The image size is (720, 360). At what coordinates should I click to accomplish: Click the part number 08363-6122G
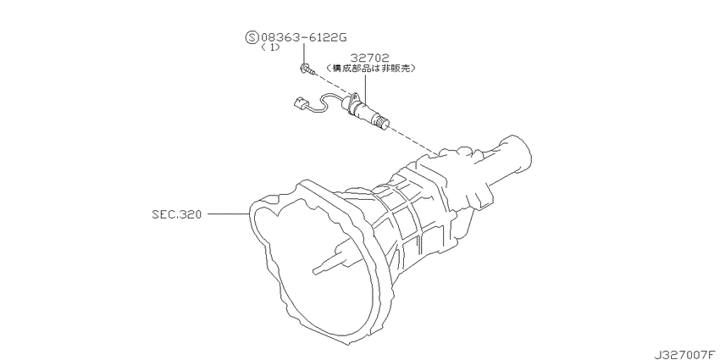(303, 37)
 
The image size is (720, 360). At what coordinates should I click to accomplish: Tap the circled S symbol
(252, 37)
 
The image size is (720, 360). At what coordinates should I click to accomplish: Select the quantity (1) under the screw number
(270, 47)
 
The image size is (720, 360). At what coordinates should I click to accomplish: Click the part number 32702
(370, 58)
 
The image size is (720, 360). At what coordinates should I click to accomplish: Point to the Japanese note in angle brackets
(371, 69)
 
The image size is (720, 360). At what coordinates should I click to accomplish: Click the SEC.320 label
(177, 214)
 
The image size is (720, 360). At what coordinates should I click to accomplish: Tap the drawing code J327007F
(686, 354)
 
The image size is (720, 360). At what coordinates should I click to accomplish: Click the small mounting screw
(307, 69)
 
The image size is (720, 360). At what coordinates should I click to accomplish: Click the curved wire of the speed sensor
(327, 100)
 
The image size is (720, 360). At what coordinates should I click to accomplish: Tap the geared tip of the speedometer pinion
(384, 122)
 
